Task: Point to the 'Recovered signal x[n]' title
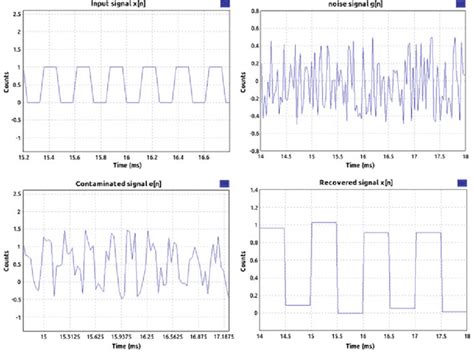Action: pos(356,184)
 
